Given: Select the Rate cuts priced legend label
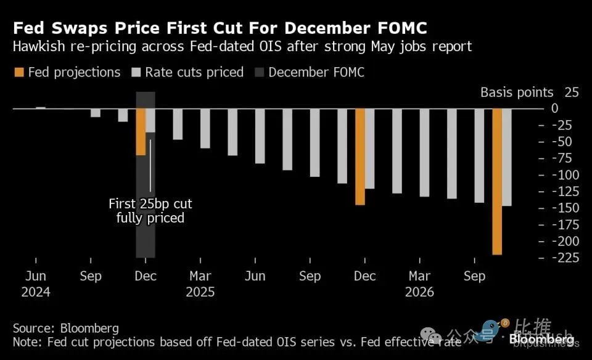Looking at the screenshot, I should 194,72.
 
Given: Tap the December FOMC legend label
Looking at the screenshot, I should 316,72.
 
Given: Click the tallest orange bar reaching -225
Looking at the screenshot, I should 497,181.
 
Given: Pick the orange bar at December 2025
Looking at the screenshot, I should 360,157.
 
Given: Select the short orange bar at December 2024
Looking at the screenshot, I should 141,131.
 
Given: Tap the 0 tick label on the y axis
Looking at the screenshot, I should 572,108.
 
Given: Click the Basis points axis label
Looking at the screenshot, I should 517,92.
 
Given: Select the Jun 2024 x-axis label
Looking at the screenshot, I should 36,283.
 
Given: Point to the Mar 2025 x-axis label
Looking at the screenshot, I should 200,283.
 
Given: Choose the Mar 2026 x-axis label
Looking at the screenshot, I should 420,283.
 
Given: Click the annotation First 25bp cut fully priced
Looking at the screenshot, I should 150,210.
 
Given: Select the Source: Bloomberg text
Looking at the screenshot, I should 66,328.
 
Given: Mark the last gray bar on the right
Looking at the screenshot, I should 507,157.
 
